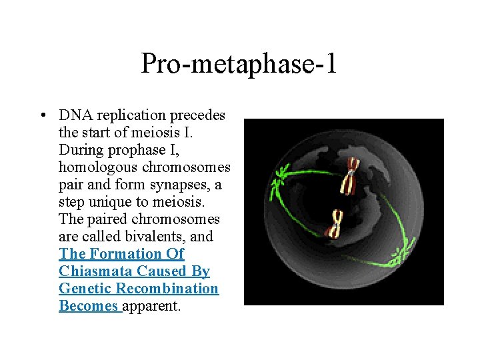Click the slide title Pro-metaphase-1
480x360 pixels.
pyautogui.click(x=239, y=64)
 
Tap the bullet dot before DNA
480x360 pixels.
pyautogui.click(x=42, y=115)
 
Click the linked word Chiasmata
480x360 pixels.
pyautogui.click(x=95, y=271)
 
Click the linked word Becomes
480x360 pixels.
pyautogui.click(x=87, y=306)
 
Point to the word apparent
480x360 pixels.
pyautogui.click(x=151, y=306)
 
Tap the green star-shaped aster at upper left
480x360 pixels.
pyautogui.click(x=277, y=178)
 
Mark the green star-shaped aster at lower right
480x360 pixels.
pyautogui.click(x=401, y=254)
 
